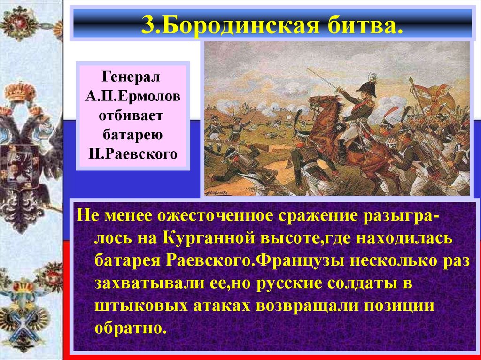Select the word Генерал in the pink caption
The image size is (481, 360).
[x=134, y=76]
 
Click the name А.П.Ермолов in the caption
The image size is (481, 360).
[x=134, y=96]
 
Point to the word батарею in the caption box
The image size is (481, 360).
[x=134, y=135]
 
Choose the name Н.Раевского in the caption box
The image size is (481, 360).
[x=134, y=154]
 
